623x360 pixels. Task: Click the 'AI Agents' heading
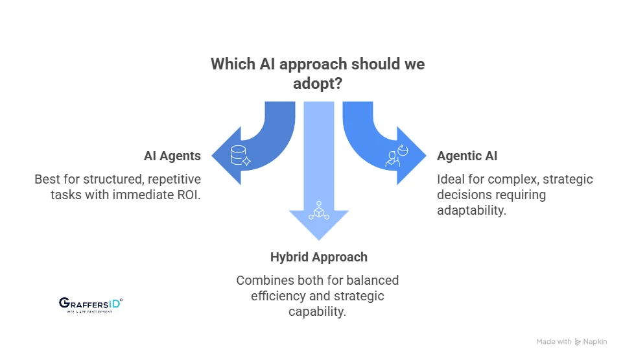coord(172,156)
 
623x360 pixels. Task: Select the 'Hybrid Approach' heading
coord(318,257)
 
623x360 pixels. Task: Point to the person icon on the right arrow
coord(395,156)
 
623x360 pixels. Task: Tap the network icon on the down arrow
coord(318,211)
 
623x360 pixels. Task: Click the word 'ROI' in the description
coord(188,194)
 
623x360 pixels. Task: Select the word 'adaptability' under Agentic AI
coord(471,210)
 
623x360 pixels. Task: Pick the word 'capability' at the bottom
coord(316,311)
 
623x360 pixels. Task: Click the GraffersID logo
coord(90,304)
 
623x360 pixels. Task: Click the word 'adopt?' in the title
coord(317,85)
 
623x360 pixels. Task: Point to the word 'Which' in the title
coord(231,65)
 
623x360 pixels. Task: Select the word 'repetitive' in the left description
coord(173,178)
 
